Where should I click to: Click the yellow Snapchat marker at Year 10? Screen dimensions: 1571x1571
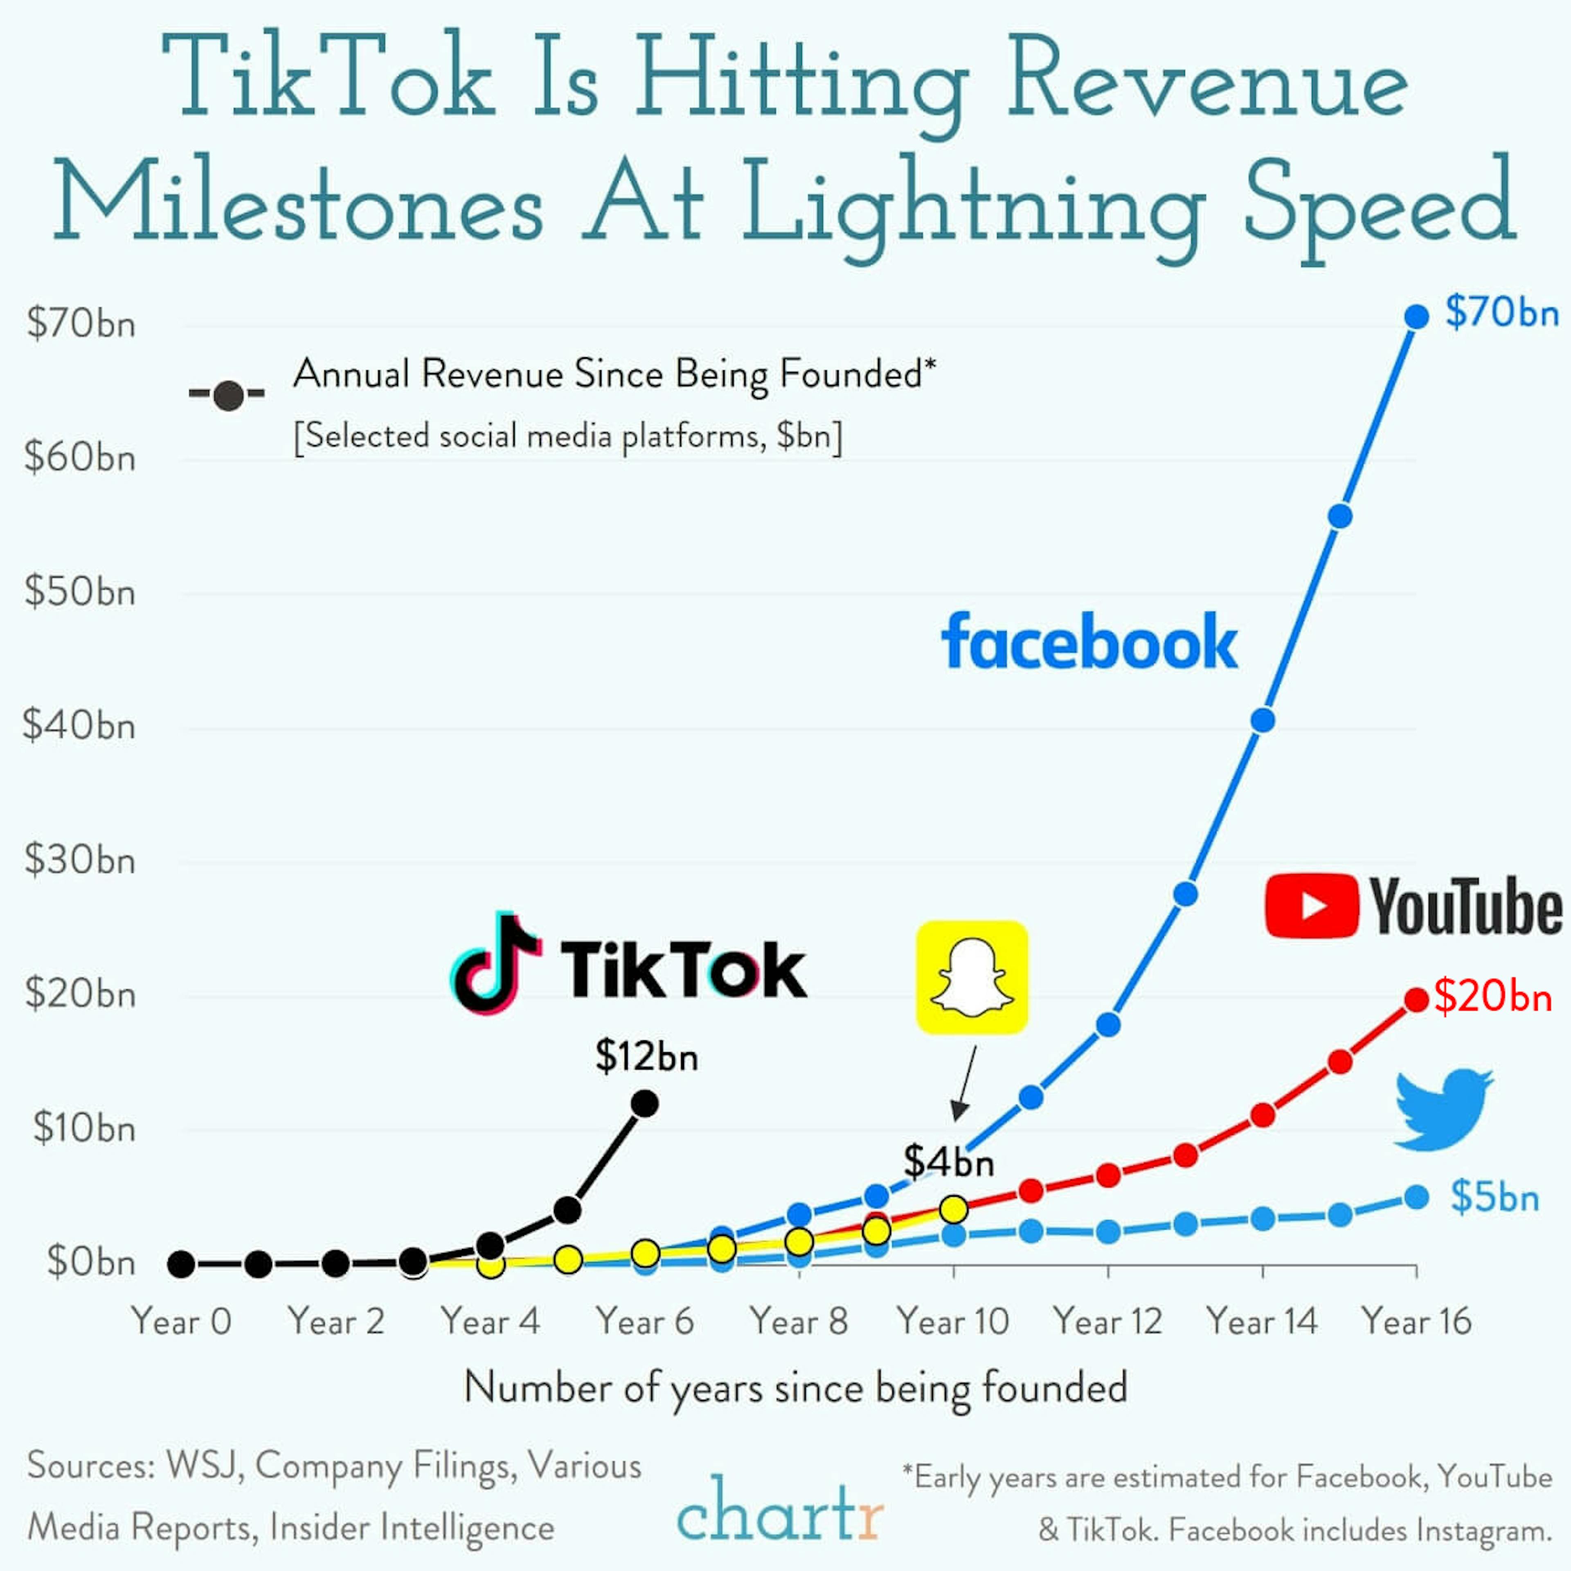[953, 1209]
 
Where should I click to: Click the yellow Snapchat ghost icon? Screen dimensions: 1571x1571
[972, 977]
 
